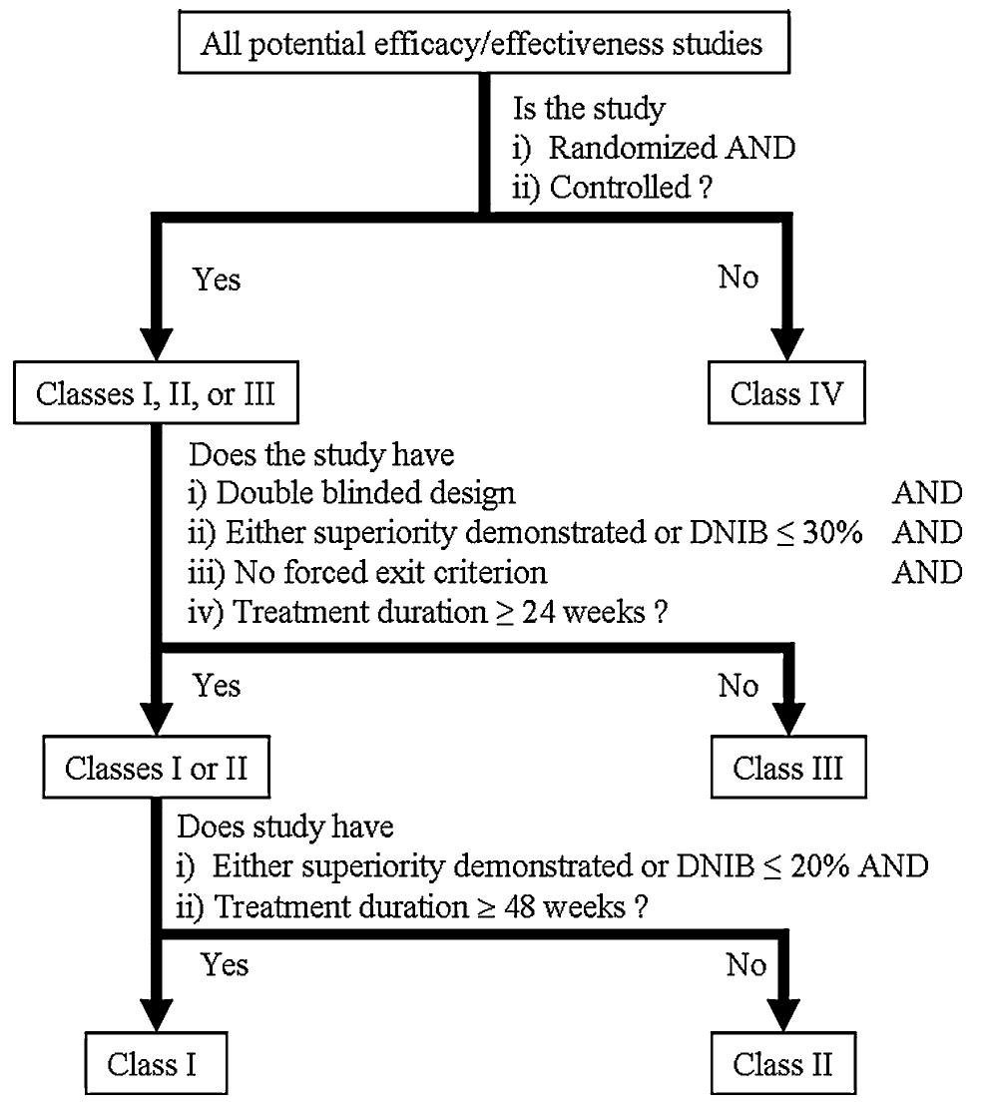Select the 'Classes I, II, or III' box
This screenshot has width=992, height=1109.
click(x=155, y=393)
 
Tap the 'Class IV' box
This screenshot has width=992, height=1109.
click(x=786, y=393)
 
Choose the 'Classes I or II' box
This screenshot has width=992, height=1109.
click(x=155, y=769)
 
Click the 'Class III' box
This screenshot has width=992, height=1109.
click(x=787, y=769)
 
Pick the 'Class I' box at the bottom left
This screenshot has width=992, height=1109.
click(x=152, y=1064)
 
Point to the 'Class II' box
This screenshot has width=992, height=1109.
click(x=782, y=1064)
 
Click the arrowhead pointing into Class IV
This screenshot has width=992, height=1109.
click(x=787, y=345)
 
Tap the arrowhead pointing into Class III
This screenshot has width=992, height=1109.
click(x=787, y=721)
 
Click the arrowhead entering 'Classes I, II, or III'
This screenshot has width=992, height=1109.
click(x=155, y=345)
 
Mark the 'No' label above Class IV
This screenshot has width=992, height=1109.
click(x=738, y=277)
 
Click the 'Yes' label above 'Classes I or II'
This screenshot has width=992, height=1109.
click(x=217, y=686)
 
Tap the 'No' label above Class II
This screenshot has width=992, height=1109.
click(x=745, y=965)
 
